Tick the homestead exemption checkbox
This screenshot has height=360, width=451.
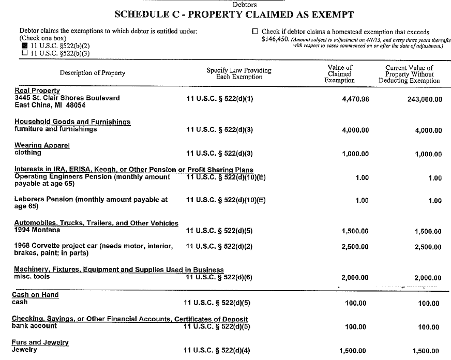point(254,32)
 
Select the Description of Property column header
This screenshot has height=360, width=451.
point(93,73)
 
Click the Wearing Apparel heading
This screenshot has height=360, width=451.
point(41,145)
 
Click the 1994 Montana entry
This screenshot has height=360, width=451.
point(37,230)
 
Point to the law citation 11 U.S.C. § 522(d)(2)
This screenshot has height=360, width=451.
point(219,246)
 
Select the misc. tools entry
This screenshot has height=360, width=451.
point(31,277)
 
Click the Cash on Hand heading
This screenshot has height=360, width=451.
point(35,295)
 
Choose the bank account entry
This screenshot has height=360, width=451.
point(34,326)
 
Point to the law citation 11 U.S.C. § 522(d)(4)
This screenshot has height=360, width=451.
point(217,351)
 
